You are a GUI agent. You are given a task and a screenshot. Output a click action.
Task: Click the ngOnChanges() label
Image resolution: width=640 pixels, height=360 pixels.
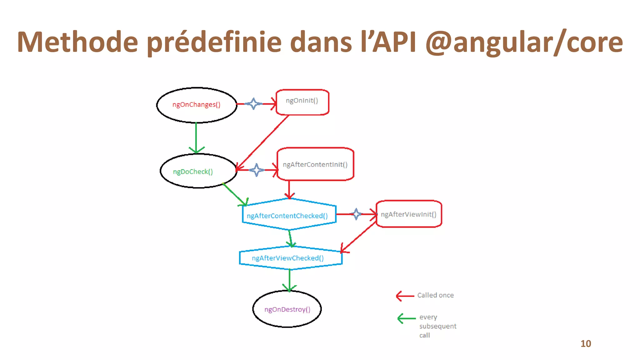pos(196,105)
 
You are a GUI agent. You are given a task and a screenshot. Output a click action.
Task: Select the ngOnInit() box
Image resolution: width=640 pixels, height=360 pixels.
pos(302,102)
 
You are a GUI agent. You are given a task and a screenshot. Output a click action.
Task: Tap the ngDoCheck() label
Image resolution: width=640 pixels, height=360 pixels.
pos(193,172)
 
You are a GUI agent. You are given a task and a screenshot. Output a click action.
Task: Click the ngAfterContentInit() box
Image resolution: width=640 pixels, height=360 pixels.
pos(315,164)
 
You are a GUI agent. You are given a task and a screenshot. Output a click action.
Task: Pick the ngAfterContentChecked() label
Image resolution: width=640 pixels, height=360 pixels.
pos(287,216)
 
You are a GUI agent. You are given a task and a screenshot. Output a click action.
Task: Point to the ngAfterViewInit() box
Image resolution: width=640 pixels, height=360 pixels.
pos(408,214)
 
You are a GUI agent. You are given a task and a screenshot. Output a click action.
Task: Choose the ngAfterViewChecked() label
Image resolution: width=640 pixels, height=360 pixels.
pos(287,258)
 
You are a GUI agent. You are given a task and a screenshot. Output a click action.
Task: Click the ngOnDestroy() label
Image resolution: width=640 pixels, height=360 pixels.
pos(287,309)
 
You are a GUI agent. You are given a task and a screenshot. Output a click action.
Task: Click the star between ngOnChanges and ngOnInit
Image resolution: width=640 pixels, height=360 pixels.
pos(254,104)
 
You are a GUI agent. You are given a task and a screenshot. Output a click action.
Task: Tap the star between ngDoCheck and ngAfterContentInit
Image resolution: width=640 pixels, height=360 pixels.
pos(257,170)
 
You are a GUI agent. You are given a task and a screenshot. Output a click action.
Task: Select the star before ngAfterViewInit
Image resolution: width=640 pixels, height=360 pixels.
pos(356,214)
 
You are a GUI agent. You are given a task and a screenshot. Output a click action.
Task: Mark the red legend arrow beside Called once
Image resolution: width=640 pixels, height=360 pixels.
pos(405,296)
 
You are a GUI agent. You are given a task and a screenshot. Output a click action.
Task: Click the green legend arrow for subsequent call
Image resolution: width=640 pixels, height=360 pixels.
pos(406,318)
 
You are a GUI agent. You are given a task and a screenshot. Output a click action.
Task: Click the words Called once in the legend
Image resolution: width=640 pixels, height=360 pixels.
pos(435,295)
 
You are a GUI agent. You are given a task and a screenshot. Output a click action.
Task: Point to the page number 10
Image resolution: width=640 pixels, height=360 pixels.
pos(586,344)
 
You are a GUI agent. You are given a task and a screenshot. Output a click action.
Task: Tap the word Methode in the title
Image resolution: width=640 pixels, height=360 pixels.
pos(77,42)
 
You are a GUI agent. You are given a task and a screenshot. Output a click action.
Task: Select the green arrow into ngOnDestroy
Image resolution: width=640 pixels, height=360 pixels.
pos(289,280)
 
